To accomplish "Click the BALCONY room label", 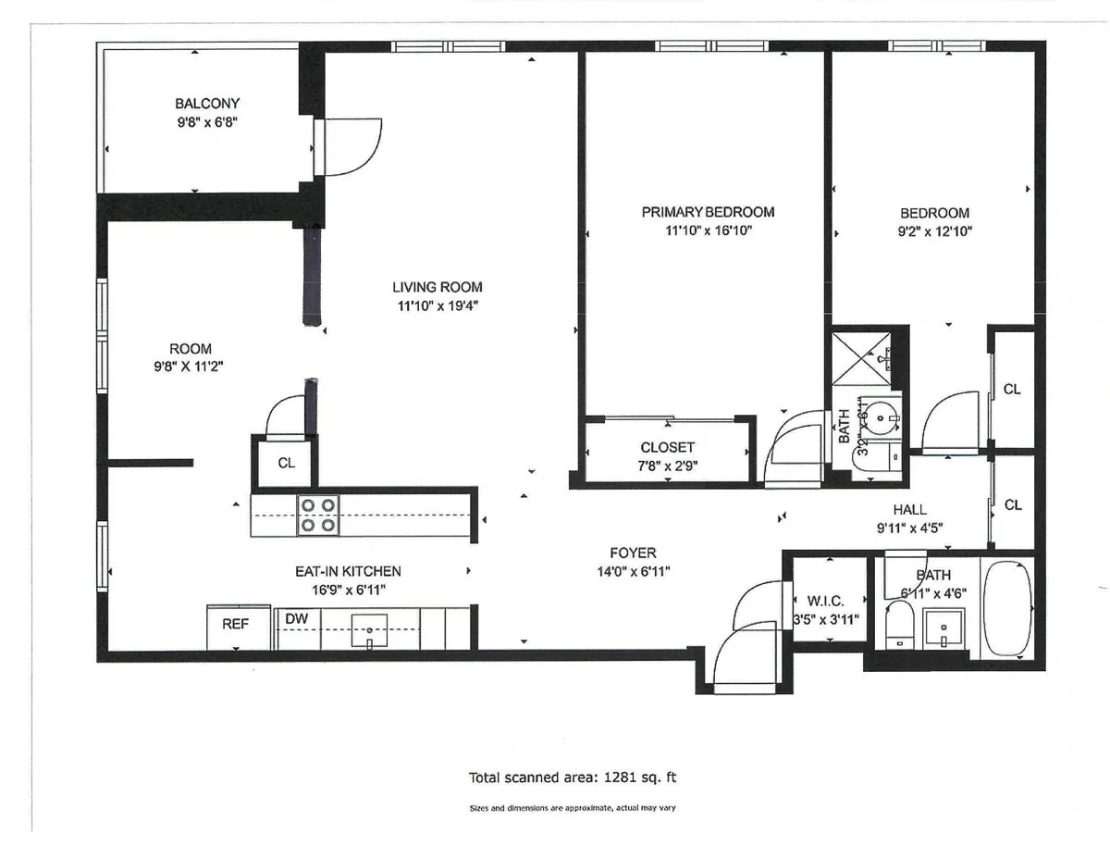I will (x=207, y=104).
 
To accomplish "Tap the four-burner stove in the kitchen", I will (x=317, y=516).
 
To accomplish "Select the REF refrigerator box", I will (x=236, y=626).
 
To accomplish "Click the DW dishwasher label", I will (x=296, y=618).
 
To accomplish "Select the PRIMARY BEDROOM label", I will (x=708, y=212).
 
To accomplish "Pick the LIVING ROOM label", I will (x=438, y=287).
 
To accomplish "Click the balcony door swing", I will (x=351, y=146).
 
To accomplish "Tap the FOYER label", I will (x=634, y=553).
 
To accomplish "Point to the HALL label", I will (x=910, y=510).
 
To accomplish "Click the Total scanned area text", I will (x=579, y=777).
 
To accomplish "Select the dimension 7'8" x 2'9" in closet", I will (x=668, y=466).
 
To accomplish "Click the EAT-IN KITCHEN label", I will (x=348, y=571).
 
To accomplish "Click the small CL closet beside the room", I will (x=286, y=462).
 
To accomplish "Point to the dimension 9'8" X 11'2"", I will (x=190, y=367).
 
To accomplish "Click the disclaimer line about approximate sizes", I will (x=573, y=808).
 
